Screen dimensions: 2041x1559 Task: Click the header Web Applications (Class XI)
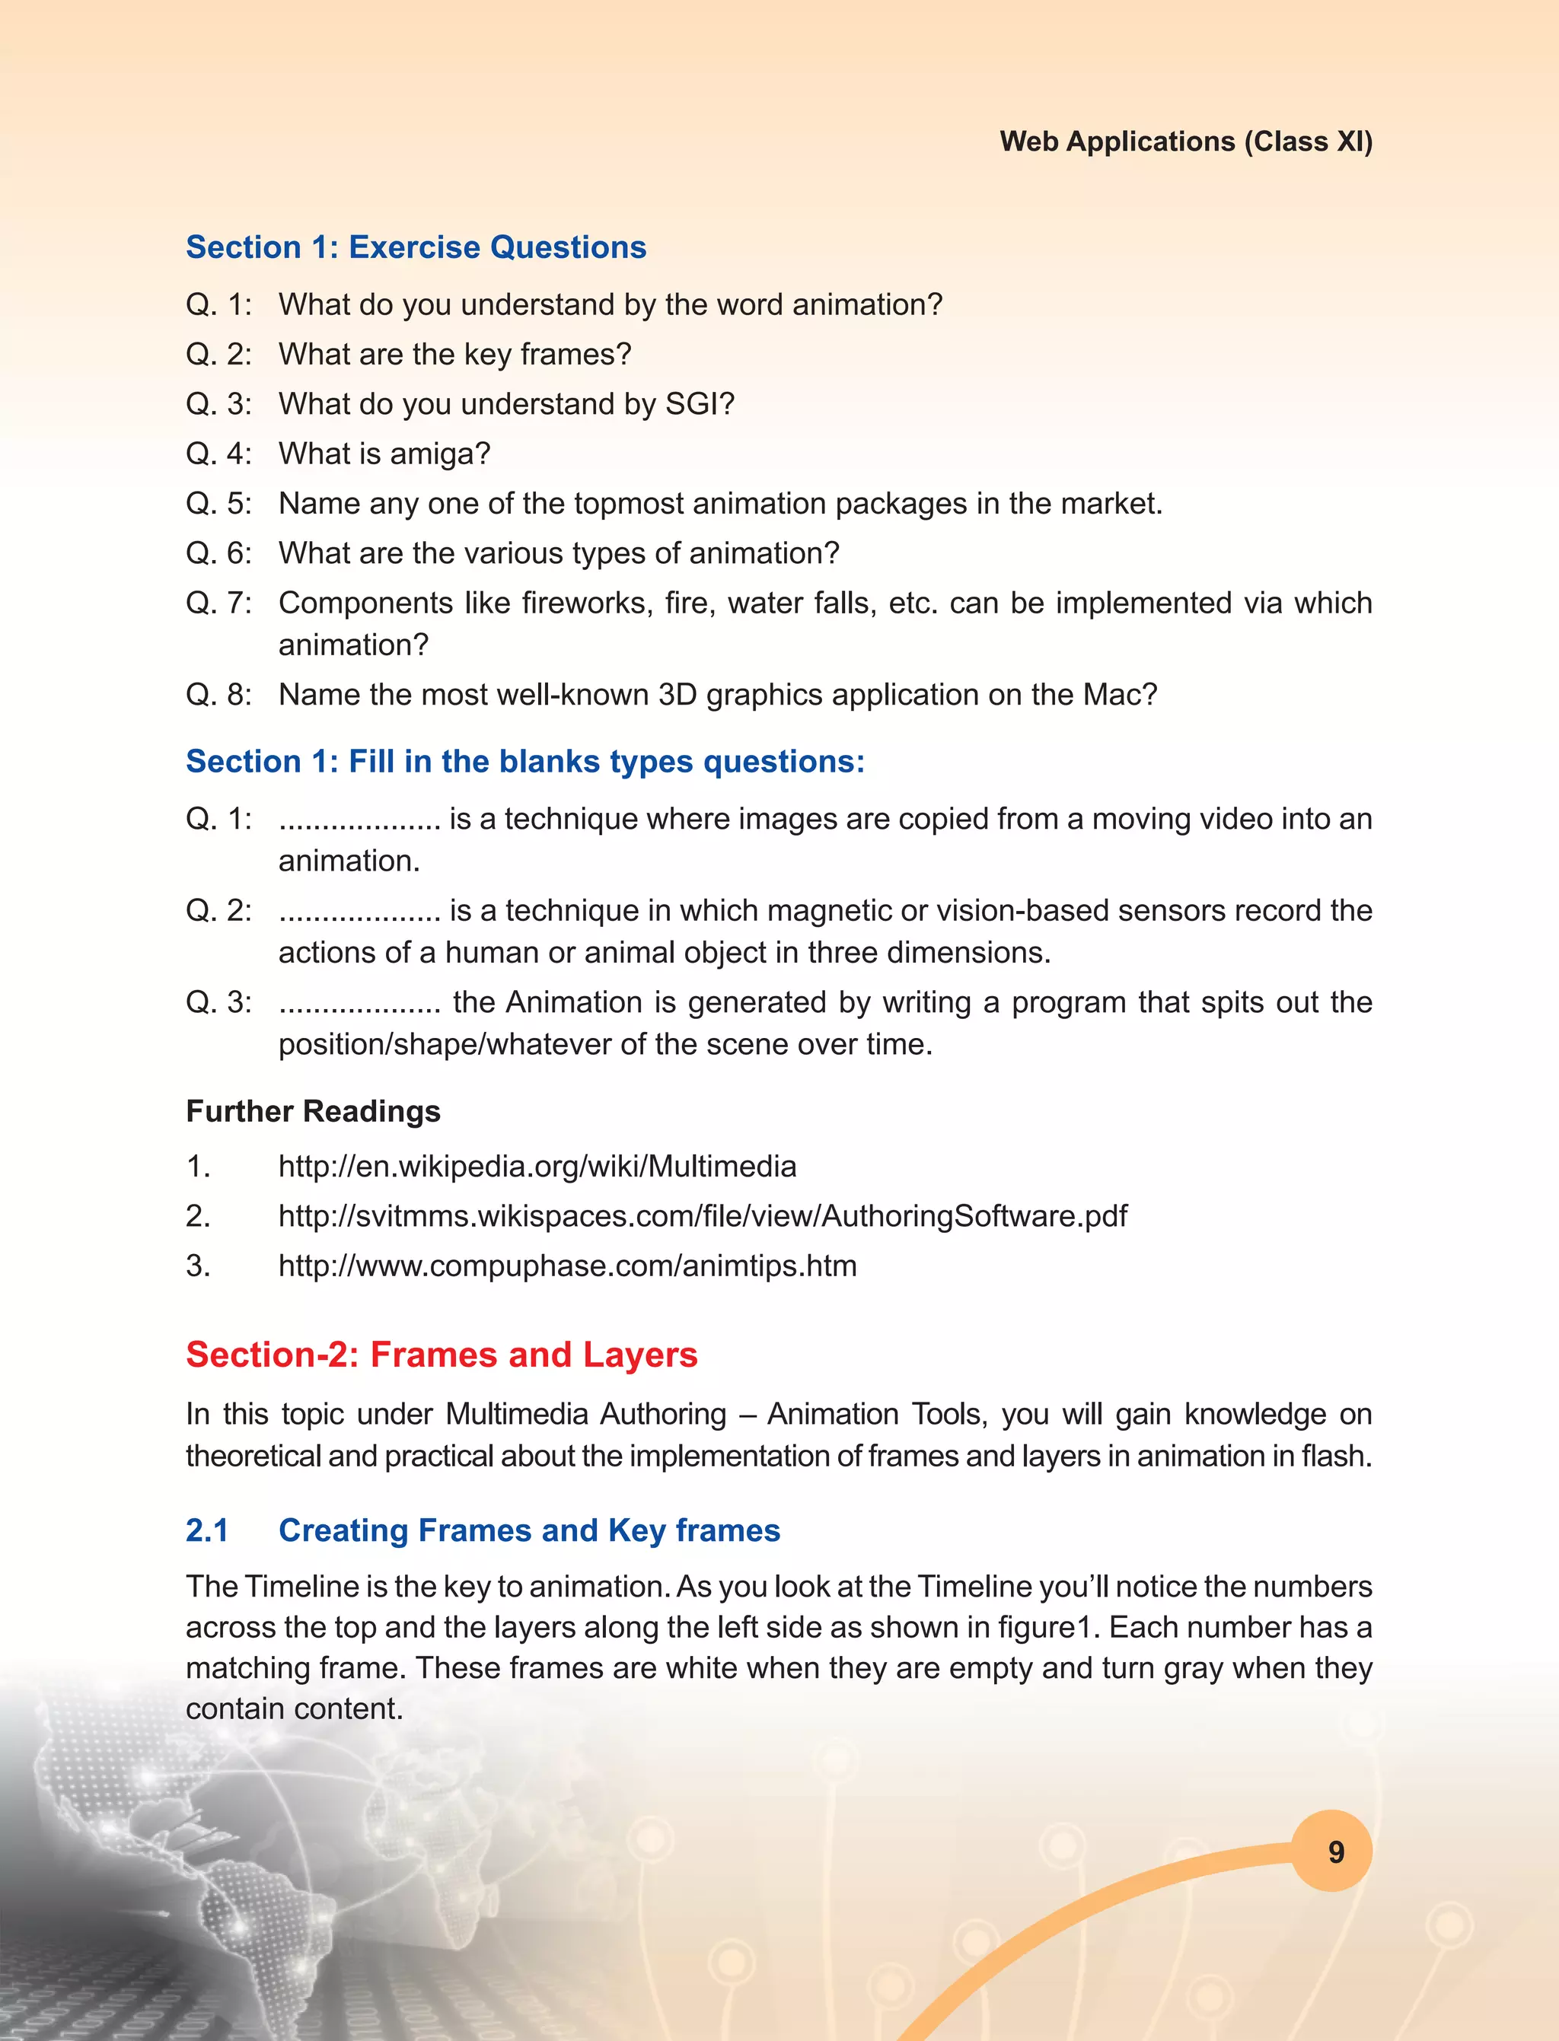pos(1186,141)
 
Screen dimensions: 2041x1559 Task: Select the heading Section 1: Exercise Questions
pos(416,247)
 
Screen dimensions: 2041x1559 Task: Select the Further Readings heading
pos(313,1110)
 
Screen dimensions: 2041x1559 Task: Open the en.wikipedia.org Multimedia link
pos(537,1166)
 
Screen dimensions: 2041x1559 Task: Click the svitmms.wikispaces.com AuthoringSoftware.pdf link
pos(703,1215)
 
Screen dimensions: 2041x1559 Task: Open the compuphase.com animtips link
pos(567,1266)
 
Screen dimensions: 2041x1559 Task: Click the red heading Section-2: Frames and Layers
pos(442,1355)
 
